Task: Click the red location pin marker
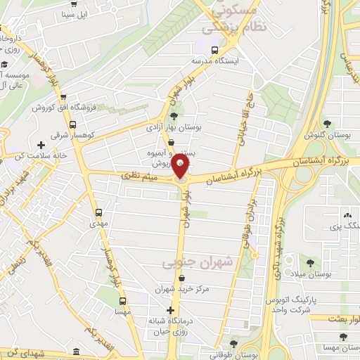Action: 181,167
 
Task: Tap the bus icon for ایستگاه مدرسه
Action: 214,49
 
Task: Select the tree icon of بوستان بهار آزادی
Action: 174,117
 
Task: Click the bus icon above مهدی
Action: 98,212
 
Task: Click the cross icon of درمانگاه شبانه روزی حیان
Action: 169,310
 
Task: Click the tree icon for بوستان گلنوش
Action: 327,123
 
